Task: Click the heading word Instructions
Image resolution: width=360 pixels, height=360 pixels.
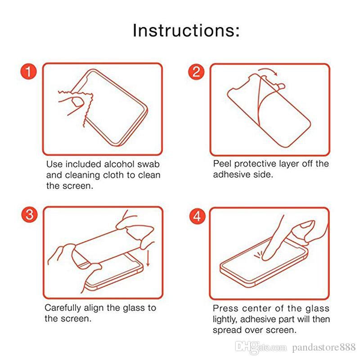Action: pos(186,30)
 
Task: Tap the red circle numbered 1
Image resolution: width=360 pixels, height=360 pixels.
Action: pos(29,72)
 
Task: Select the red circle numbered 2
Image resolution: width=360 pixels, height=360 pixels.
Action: pos(196,72)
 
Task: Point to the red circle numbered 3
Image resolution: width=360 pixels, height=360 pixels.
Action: pos(29,215)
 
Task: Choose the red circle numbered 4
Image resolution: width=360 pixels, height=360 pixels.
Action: pos(198,216)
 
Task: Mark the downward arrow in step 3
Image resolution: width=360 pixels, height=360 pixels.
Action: pos(148,258)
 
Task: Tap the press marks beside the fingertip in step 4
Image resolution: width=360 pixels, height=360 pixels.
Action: pos(258,255)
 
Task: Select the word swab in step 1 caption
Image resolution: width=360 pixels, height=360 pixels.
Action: pos(148,164)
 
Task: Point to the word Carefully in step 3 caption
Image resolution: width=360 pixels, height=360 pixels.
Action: pos(63,308)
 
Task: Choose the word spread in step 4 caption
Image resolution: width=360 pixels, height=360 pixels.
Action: pos(227,331)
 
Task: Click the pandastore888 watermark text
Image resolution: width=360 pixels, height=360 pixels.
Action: pos(324,347)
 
